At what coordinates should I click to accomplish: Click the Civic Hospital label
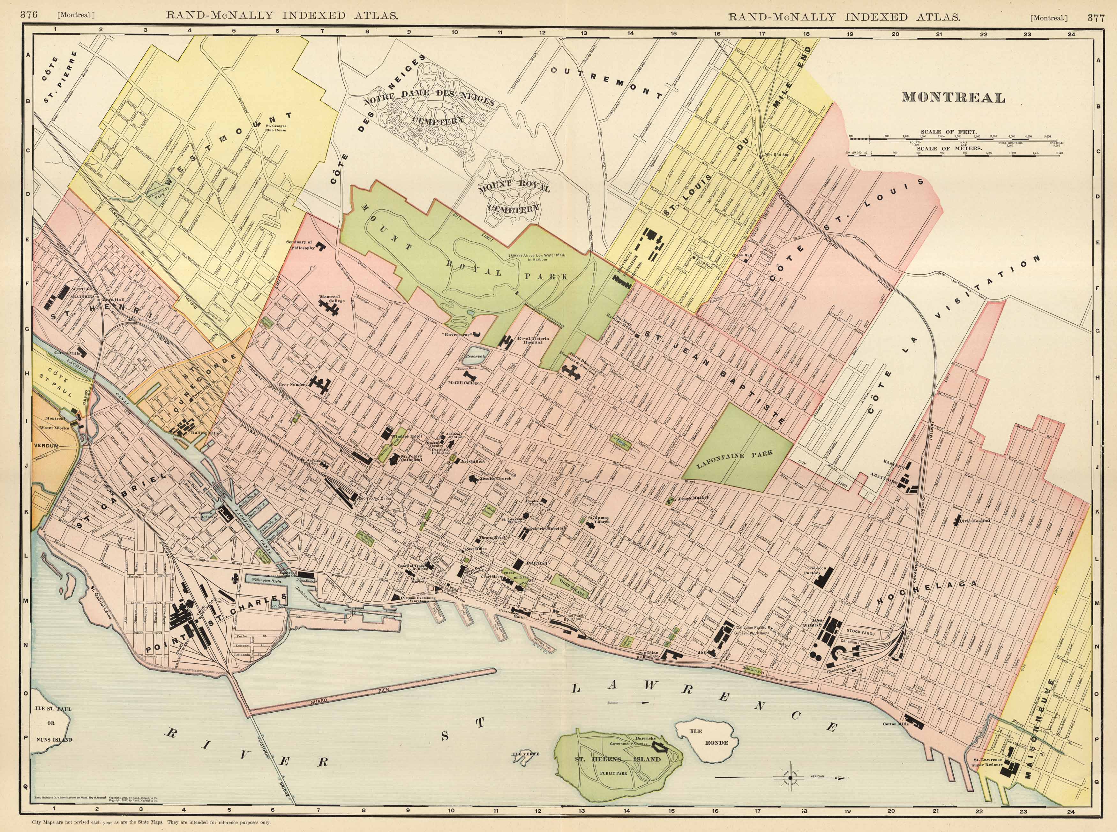pos(977,520)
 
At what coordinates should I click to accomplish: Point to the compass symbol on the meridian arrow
pos(790,778)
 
